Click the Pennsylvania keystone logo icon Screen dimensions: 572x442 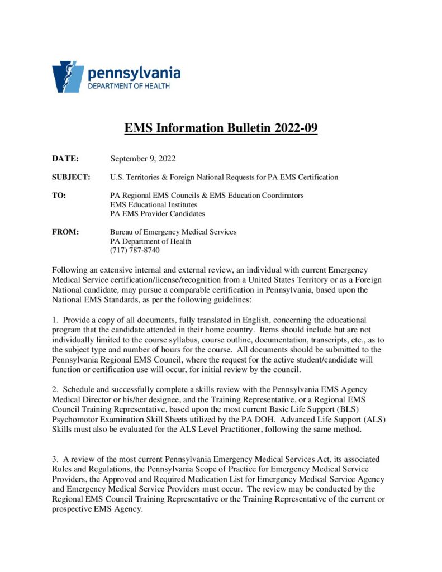pyautogui.click(x=68, y=77)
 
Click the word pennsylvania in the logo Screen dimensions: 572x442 pyautogui.click(x=134, y=73)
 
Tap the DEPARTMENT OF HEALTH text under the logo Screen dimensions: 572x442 pyautogui.click(x=129, y=86)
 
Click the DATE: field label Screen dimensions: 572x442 pyautogui.click(x=65, y=159)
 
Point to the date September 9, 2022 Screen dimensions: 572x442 pyautogui.click(x=143, y=159)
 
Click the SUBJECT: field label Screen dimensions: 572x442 pyautogui.click(x=71, y=177)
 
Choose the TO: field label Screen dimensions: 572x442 pyautogui.click(x=59, y=196)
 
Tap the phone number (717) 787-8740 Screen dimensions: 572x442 pyautogui.click(x=135, y=250)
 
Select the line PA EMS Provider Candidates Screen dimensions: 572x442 pyautogui.click(x=158, y=213)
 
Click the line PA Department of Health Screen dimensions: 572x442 pyautogui.click(x=150, y=241)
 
